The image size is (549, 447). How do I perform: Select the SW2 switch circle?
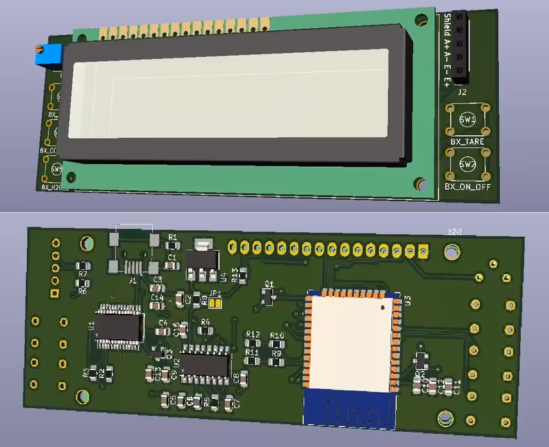coord(467,165)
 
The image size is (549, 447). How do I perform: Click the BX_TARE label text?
coord(467,142)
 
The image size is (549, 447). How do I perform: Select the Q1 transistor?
coord(268,295)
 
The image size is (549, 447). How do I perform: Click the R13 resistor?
coord(242,276)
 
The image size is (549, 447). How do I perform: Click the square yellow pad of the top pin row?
coord(425,249)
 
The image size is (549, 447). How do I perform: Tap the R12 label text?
coord(253,334)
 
